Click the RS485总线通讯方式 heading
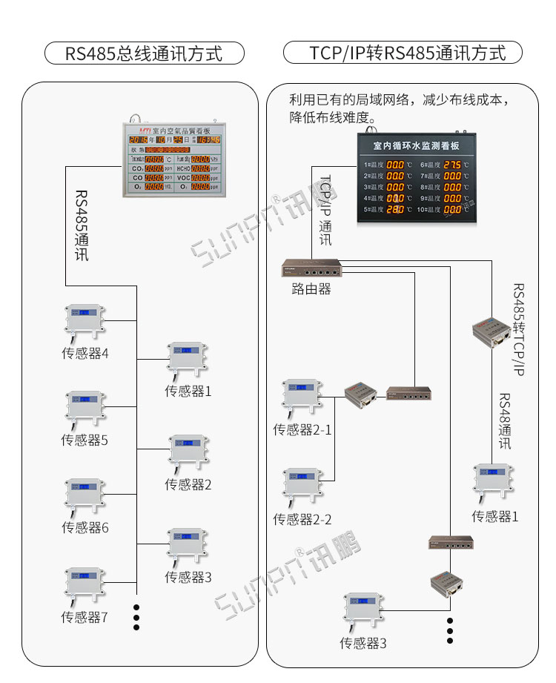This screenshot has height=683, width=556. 144,53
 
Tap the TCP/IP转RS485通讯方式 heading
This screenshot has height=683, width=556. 403,53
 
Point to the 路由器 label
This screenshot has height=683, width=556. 311,289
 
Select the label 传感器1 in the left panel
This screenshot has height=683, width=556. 188,391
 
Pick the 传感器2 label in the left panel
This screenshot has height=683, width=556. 188,484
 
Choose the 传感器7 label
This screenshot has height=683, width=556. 85,616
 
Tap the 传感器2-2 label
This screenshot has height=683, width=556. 302,519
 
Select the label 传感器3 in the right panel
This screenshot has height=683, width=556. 363,643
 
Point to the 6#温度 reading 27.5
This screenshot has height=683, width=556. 453,164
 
